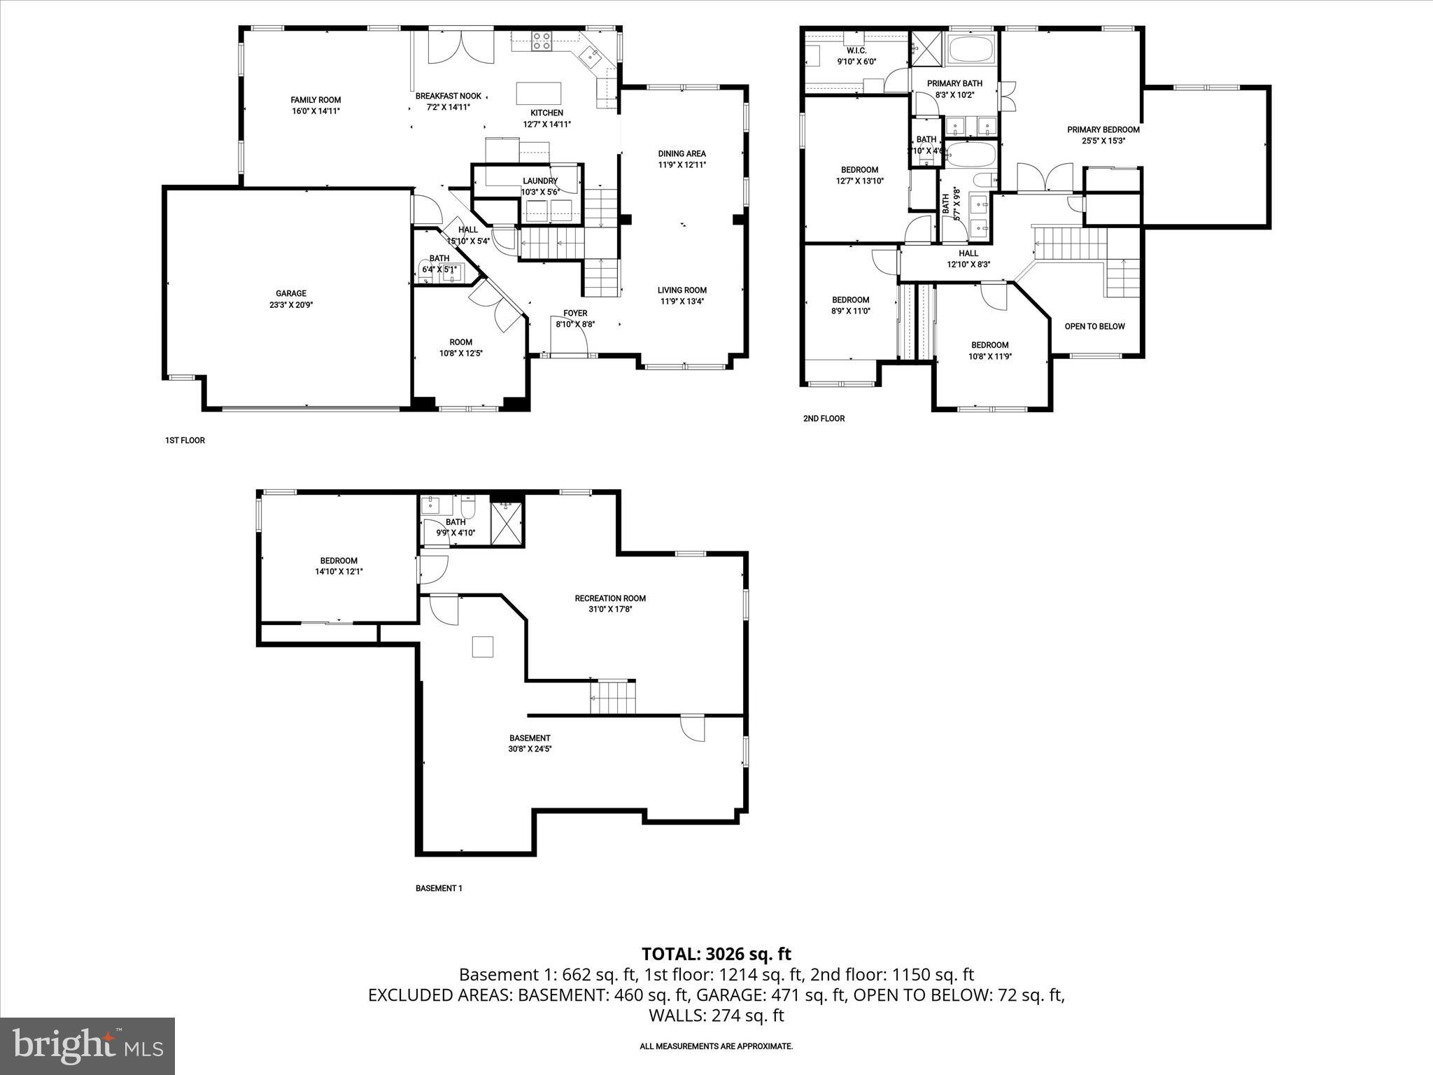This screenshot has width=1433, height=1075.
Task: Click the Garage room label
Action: [290, 294]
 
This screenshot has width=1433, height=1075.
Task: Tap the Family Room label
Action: [316, 100]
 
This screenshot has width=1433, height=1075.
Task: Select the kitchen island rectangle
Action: [539, 93]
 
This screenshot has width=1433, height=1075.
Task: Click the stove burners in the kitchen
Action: [541, 41]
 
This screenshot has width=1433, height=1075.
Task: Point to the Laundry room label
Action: [540, 181]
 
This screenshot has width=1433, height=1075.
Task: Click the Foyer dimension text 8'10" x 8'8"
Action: [575, 324]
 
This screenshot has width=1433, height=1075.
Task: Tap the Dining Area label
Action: [682, 154]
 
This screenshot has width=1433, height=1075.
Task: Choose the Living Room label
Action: [682, 290]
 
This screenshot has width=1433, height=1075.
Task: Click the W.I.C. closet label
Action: [856, 51]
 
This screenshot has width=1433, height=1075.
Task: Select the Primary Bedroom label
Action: [1103, 129]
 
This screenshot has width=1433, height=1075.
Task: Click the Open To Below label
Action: [1094, 327]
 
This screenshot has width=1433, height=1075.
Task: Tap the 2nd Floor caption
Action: [824, 419]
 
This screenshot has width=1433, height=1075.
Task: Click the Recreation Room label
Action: [610, 598]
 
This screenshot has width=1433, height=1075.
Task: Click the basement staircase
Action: [613, 697]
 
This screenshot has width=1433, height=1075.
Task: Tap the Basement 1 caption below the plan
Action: [439, 888]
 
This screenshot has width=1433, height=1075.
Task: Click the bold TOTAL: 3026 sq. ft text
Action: [716, 953]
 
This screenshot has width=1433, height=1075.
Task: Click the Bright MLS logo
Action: [87, 1046]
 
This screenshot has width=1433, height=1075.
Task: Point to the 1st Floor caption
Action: [185, 440]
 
